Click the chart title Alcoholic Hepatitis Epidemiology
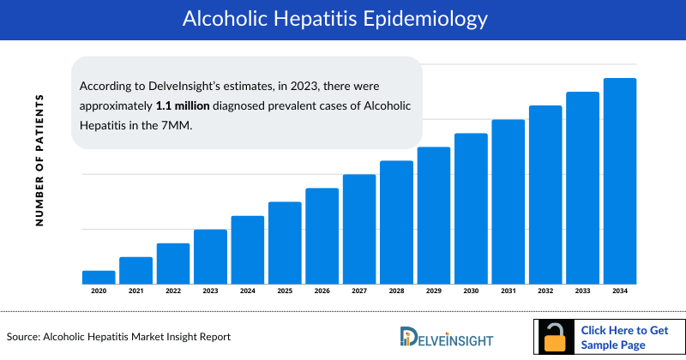tap(343, 19)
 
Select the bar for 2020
tap(99, 277)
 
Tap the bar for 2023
tap(210, 256)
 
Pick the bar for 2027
tap(359, 229)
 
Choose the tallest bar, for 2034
tap(620, 181)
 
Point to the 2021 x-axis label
tap(135, 291)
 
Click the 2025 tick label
tap(285, 291)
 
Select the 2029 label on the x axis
tap(434, 291)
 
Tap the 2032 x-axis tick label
tap(545, 291)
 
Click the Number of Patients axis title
tap(39, 160)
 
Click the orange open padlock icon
tap(557, 338)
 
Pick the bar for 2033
tap(583, 188)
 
